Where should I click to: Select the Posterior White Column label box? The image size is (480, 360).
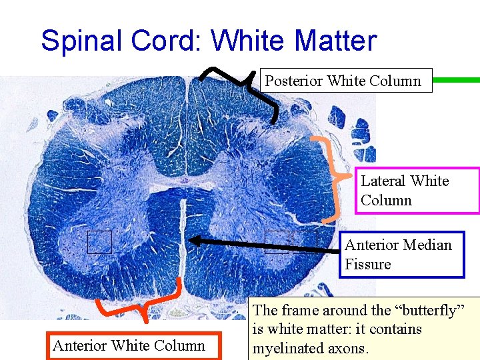(344, 81)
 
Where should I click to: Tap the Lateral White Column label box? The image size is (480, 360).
(418, 190)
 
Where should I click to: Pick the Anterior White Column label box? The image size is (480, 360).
(128, 345)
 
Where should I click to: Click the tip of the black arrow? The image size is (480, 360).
(190, 239)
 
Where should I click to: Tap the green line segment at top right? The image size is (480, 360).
(456, 80)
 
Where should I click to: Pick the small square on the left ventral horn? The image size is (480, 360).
(99, 241)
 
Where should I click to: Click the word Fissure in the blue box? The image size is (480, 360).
(367, 264)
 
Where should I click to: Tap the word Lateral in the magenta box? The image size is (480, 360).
(383, 181)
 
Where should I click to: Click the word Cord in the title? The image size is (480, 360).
(168, 41)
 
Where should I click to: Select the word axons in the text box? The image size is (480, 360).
(351, 347)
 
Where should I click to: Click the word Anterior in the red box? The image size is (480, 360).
(80, 345)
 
